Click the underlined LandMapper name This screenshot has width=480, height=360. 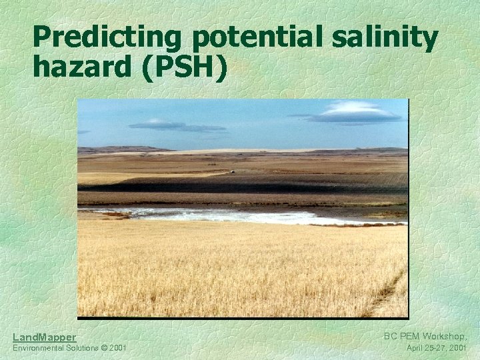coord(44,337)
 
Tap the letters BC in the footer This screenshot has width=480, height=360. coord(390,337)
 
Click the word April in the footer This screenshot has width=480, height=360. coord(416,348)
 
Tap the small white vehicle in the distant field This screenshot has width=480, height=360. coord(232,172)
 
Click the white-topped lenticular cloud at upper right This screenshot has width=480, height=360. coord(357,111)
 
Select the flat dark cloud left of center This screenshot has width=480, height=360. coord(175,125)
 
